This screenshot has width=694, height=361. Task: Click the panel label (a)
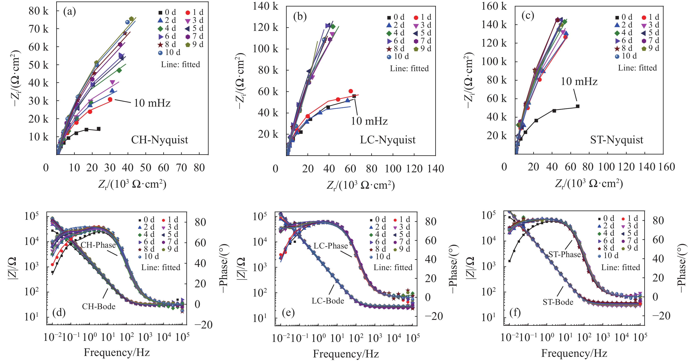click(x=69, y=11)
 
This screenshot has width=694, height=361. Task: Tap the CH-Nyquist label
click(x=159, y=140)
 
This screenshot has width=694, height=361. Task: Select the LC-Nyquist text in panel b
click(x=388, y=140)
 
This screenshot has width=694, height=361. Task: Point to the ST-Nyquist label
click(x=616, y=140)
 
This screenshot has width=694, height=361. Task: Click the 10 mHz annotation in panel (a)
click(x=152, y=103)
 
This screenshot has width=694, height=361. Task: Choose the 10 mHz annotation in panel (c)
click(x=579, y=82)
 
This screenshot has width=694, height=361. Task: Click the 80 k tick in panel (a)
click(x=39, y=11)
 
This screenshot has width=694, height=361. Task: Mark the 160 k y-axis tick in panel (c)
click(x=494, y=6)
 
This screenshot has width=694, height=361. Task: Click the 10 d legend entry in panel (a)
click(x=169, y=52)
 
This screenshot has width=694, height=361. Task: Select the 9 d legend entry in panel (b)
click(x=422, y=49)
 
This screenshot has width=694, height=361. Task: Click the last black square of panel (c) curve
click(x=578, y=106)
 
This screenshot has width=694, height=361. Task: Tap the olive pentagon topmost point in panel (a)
click(x=131, y=19)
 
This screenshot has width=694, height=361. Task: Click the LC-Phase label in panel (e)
click(x=331, y=246)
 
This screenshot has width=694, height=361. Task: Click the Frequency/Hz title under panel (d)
click(x=117, y=352)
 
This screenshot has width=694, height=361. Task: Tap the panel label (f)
click(x=515, y=313)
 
